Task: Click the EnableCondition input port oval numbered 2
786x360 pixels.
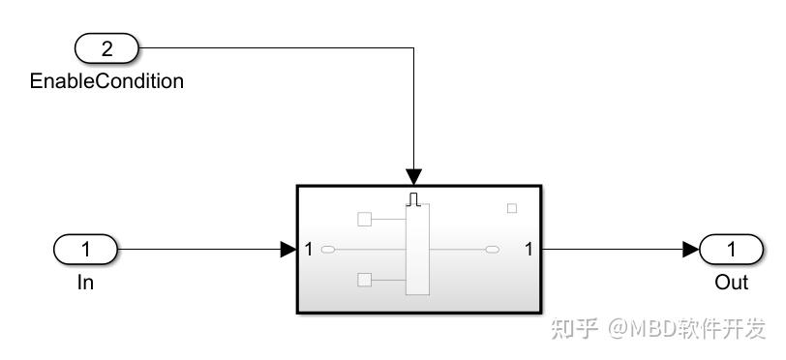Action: [x=107, y=47]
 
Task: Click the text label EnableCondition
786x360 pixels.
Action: [x=106, y=81]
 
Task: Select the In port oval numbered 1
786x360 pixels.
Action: [x=85, y=250]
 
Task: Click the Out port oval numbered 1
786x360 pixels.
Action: [x=731, y=250]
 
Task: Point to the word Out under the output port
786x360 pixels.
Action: [x=732, y=283]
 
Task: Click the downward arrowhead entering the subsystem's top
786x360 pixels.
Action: [x=414, y=177]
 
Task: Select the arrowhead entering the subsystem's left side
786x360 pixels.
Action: [x=287, y=250]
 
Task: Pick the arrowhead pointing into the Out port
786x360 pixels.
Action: [x=690, y=250]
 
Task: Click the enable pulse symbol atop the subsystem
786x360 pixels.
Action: [x=414, y=198]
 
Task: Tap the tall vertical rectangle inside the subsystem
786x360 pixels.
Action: [x=416, y=250]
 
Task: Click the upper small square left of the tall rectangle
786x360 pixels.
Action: [x=365, y=219]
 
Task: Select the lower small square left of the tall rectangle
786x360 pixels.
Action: [x=365, y=281]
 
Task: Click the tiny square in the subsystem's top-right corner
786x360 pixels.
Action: [x=512, y=208]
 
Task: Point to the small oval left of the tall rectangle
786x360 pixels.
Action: [x=328, y=250]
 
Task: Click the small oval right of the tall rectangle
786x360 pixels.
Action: [x=493, y=250]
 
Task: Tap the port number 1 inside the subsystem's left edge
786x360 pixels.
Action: [x=309, y=250]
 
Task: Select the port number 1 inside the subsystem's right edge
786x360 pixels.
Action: [x=529, y=250]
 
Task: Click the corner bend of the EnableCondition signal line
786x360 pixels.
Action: [x=414, y=47]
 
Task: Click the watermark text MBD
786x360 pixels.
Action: [x=651, y=329]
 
